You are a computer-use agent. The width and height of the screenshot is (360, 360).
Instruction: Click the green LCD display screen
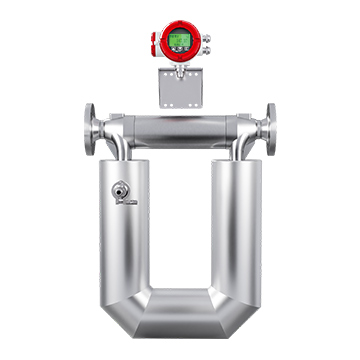click(x=180, y=42)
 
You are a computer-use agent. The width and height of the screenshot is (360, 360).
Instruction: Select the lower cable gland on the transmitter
click(x=206, y=49)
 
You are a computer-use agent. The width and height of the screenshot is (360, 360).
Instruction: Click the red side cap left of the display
click(x=155, y=43)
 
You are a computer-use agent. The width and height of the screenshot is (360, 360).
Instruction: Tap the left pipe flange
click(x=91, y=127)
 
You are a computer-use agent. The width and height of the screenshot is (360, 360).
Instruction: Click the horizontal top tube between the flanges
click(x=180, y=128)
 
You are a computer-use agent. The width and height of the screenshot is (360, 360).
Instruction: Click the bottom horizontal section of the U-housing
click(x=180, y=318)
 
